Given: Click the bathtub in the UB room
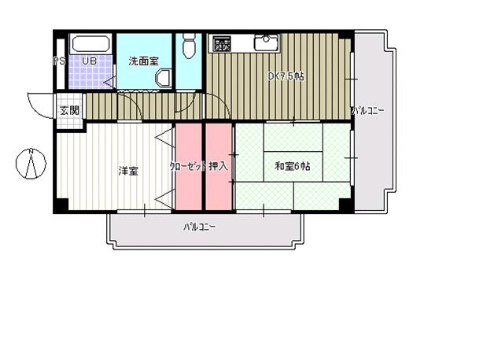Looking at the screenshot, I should coord(91,44).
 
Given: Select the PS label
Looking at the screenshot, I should coord(60,61).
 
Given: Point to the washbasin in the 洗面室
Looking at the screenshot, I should coord(163,77).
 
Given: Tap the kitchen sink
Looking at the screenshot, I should coord(265,41).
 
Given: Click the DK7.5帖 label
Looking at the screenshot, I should coord(286,76).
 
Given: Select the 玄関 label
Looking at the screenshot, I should coord(68,110).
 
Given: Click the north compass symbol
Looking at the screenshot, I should coord(31,164).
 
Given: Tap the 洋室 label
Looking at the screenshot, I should coord(127,170).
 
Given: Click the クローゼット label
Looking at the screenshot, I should coord(187,167).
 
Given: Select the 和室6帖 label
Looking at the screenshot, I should coord(292,167).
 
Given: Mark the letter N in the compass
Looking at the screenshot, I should coord(29,153).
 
